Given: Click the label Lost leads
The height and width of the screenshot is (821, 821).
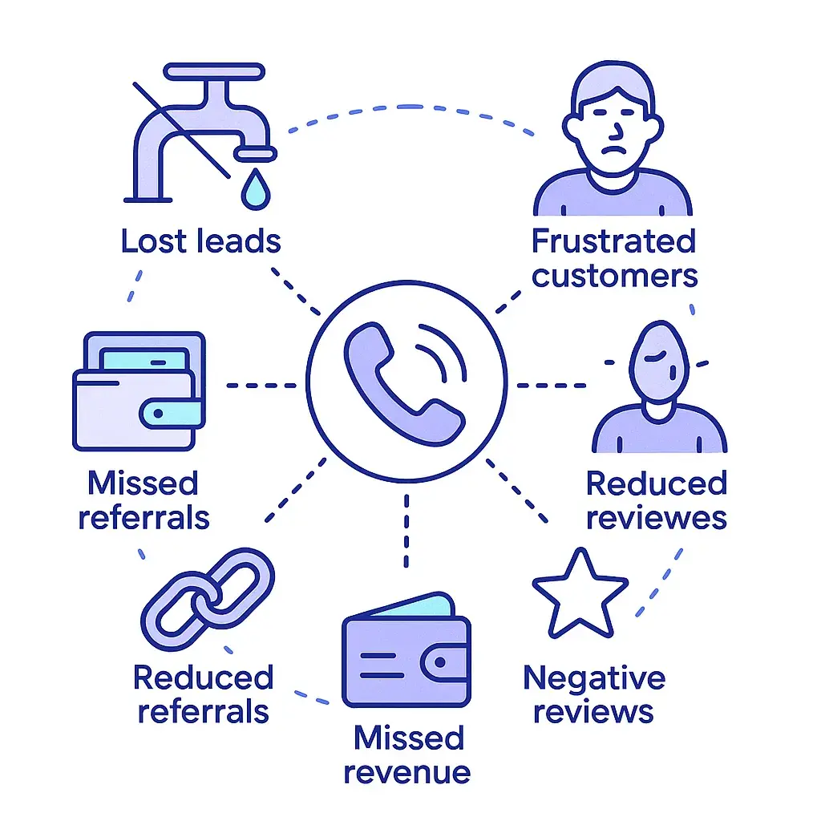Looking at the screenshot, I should [200, 241].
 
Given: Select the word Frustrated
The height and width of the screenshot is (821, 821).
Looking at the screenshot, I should [613, 241].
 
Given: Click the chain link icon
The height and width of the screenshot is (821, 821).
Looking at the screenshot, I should [207, 600].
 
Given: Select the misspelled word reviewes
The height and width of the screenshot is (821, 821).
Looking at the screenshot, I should [656, 518].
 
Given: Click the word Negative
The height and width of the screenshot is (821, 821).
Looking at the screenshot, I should [594, 678].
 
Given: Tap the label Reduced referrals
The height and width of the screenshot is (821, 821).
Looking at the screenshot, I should [203, 694].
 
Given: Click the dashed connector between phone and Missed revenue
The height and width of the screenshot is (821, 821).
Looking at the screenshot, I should [407, 529].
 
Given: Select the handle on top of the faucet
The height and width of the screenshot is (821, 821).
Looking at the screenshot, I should [213, 71].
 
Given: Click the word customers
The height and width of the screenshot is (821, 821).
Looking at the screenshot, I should [615, 276].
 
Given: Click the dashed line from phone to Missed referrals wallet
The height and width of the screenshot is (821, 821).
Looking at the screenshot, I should [261, 385].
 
